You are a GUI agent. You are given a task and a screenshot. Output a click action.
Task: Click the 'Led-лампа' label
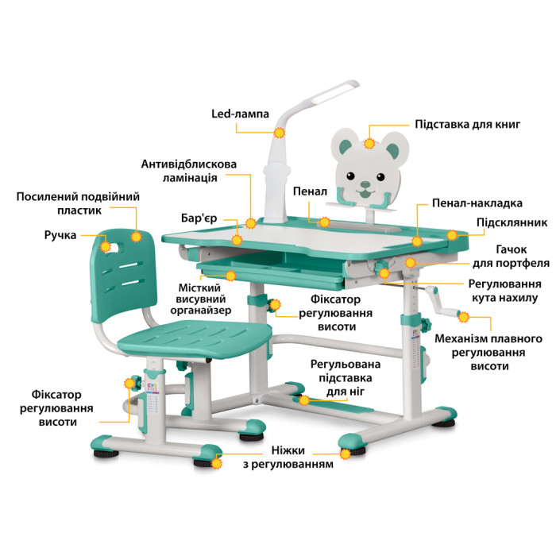[x=240, y=114]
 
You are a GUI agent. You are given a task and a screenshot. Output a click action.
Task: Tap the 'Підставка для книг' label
[x=467, y=125]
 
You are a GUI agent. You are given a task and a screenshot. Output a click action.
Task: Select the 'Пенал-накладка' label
[x=477, y=203]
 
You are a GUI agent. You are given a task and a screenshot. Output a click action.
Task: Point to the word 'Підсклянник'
[x=512, y=222]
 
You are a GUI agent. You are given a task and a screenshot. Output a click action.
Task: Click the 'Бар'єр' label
[x=199, y=218]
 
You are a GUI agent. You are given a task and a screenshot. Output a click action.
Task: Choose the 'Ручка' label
[x=60, y=235]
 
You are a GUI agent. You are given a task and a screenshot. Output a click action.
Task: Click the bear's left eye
[x=350, y=176]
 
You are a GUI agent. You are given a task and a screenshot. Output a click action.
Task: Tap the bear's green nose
[x=365, y=184]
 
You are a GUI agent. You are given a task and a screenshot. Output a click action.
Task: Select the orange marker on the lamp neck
[x=280, y=133]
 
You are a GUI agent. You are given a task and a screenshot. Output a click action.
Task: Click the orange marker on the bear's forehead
[x=369, y=144]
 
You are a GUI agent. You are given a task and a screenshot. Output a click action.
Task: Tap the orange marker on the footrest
[x=304, y=400]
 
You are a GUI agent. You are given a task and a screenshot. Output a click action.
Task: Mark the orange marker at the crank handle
[x=463, y=317]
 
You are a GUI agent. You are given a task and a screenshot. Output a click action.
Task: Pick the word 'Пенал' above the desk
[x=310, y=191]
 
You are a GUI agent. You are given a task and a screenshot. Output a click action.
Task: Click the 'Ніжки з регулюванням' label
[x=288, y=458]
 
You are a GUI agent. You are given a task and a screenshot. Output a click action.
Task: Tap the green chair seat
[x=195, y=338]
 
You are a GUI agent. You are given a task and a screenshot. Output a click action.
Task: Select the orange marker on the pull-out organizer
[x=231, y=276]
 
